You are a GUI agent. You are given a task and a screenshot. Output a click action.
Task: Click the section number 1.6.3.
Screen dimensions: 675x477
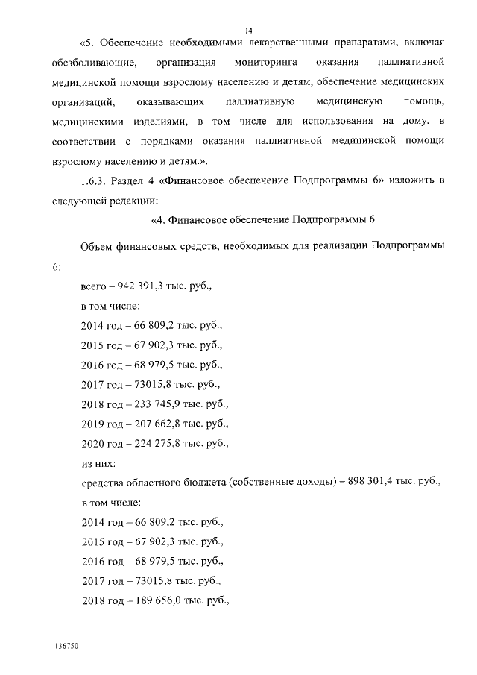pos(96,180)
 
